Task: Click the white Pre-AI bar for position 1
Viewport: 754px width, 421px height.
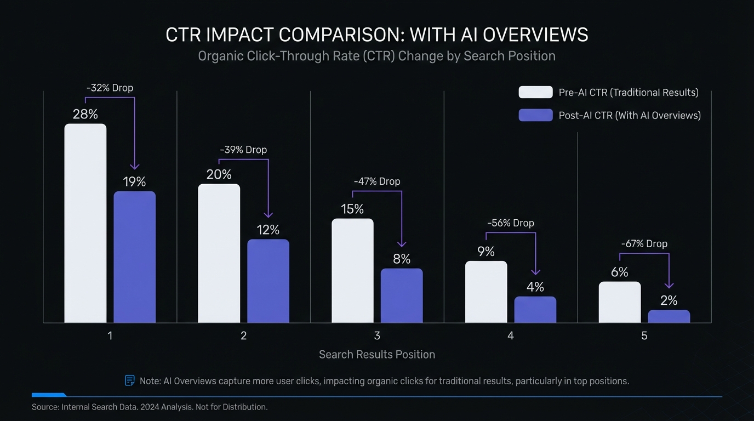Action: point(85,223)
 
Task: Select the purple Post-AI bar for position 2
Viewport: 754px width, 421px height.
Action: point(268,281)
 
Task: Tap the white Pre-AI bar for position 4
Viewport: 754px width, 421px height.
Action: point(486,292)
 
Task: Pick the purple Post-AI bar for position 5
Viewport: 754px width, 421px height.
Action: point(669,316)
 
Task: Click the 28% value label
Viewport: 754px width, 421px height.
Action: point(85,115)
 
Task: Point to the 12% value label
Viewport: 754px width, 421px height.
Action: point(268,230)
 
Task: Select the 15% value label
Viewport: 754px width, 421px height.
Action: point(352,209)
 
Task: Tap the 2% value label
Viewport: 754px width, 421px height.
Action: point(669,300)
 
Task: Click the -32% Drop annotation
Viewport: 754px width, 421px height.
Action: point(110,88)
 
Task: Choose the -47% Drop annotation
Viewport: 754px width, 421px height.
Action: point(377,181)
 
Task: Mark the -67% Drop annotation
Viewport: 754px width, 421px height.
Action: point(644,244)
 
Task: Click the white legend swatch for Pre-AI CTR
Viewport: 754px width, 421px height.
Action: point(535,92)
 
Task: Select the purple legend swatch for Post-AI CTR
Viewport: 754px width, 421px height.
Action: point(535,115)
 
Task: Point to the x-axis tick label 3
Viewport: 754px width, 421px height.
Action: point(377,335)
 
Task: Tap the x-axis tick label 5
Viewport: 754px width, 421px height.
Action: point(644,335)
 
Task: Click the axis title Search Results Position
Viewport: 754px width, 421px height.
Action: point(377,355)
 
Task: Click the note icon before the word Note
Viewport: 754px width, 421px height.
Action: point(130,380)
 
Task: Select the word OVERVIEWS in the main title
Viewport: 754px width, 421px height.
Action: point(529,35)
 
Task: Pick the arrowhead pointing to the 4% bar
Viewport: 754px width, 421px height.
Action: point(536,271)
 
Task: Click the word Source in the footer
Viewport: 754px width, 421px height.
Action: point(45,407)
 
